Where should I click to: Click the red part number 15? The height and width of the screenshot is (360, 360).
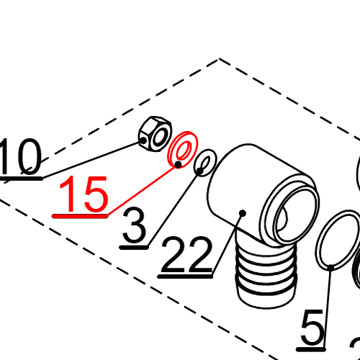[x=84, y=195]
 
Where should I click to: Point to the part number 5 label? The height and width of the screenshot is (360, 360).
[x=312, y=330]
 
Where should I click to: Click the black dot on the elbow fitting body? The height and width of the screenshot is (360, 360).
[x=243, y=213]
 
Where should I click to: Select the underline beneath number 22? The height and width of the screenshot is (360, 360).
[x=186, y=274]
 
